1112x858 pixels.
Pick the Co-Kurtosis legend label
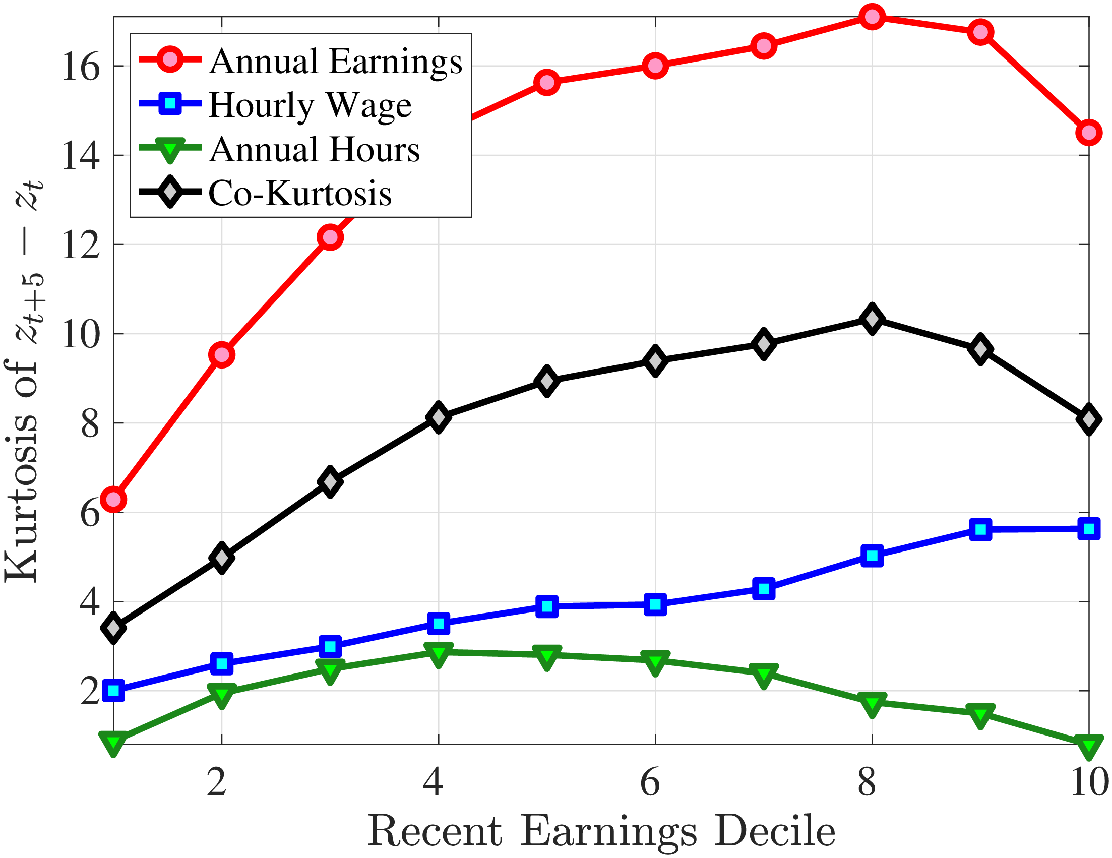(300, 194)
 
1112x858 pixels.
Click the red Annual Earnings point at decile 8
(872, 17)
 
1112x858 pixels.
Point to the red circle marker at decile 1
(113, 500)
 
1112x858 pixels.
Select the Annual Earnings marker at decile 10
(1089, 133)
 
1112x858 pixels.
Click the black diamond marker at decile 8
(872, 319)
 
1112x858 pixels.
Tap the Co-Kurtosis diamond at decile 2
(221, 558)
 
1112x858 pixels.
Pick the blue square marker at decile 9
(980, 529)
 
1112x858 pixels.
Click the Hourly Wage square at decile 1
(113, 691)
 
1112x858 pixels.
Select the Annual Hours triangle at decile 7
(763, 675)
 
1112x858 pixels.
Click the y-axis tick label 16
(81, 67)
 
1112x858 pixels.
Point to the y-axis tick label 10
(81, 335)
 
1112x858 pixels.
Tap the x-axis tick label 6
(650, 781)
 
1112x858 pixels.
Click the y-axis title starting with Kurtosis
(23, 382)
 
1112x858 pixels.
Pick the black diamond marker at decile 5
(547, 381)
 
